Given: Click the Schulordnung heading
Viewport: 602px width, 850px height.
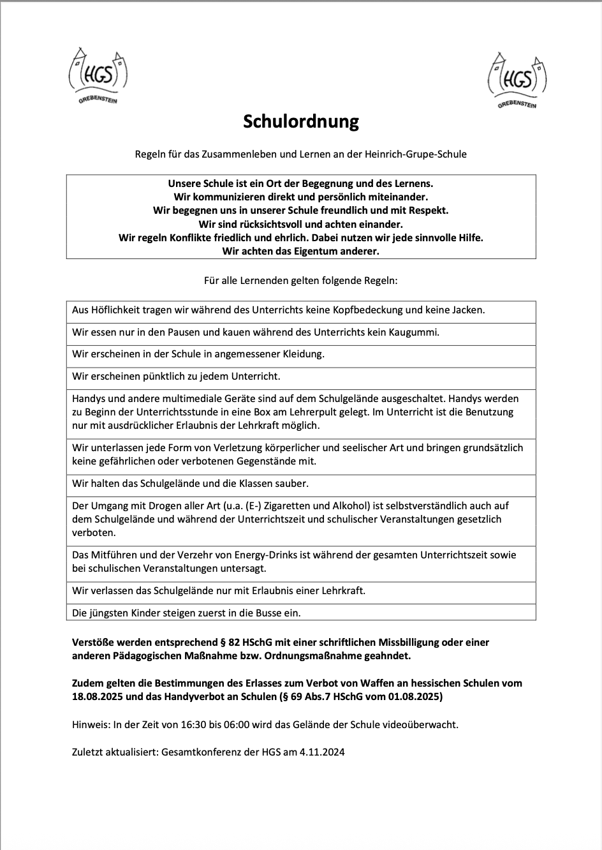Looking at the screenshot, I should (x=301, y=121).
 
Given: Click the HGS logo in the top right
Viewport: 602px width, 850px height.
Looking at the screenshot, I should (x=517, y=80).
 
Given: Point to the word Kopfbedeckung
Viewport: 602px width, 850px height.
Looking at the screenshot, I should (x=367, y=310).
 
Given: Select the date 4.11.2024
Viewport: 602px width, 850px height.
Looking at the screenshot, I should (x=323, y=752).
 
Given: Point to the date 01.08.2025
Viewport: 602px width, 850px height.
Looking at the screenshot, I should (x=414, y=697).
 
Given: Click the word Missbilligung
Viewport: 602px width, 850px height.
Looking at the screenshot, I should (x=418, y=642).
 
